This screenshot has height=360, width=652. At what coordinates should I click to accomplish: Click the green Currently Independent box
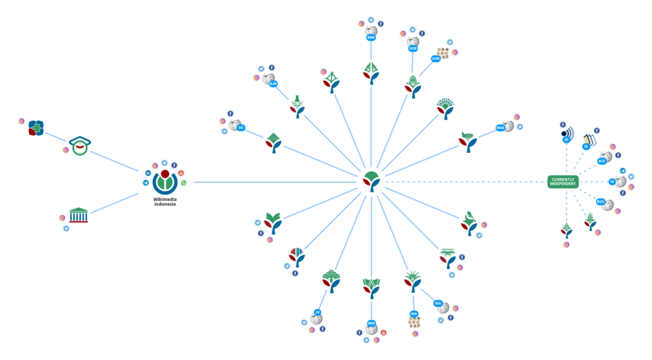[563, 182]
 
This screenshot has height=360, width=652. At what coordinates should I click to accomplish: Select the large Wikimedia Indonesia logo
[164, 181]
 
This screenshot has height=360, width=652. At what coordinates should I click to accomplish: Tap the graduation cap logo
[80, 145]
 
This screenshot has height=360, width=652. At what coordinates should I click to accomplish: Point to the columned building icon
[78, 215]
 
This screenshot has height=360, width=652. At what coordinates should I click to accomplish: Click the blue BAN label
[370, 38]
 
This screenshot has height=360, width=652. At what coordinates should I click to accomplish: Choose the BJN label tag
[273, 84]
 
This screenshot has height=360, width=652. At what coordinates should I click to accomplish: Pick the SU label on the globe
[240, 127]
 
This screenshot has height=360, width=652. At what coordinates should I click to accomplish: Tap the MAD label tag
[501, 127]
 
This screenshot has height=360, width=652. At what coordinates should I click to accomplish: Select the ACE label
[602, 161]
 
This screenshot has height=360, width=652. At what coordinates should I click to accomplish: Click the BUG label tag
[600, 202]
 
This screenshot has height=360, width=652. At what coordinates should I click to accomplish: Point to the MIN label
[437, 304]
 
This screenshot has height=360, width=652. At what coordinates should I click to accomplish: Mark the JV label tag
[317, 312]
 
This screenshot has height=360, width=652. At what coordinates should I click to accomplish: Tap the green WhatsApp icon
[183, 183]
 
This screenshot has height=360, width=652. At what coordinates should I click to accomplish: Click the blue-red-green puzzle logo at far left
[36, 128]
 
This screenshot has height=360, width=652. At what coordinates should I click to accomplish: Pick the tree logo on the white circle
[590, 221]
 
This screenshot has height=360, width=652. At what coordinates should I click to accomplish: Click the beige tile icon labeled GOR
[443, 52]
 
